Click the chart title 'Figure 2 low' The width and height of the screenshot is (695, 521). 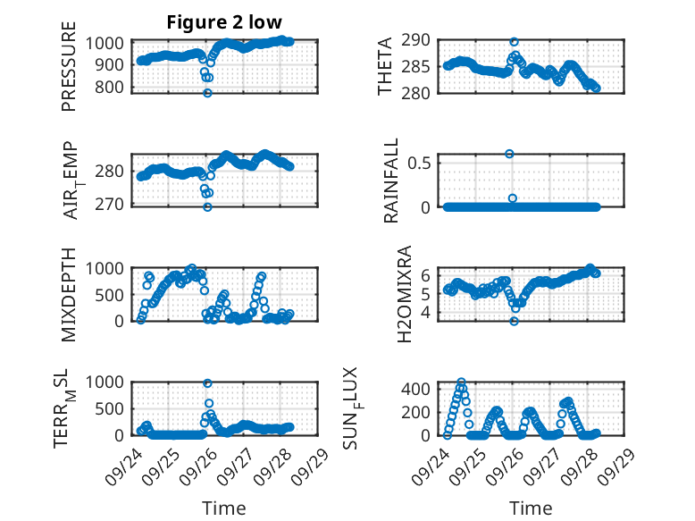(x=224, y=22)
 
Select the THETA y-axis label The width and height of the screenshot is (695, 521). (x=385, y=67)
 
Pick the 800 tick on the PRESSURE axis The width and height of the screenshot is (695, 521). (x=113, y=88)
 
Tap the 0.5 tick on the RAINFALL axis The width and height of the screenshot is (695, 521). (x=423, y=163)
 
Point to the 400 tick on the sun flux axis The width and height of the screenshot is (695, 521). (x=421, y=389)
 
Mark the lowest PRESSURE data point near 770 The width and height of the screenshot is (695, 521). (x=207, y=93)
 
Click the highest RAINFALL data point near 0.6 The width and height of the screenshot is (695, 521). (x=510, y=154)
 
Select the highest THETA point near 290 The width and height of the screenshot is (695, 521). (x=514, y=42)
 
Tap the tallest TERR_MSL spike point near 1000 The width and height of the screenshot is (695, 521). (x=208, y=383)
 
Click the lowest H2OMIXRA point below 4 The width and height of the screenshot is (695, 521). (x=514, y=321)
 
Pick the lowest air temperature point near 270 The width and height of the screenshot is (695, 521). (x=207, y=206)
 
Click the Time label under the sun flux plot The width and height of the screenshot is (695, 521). (x=531, y=508)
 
